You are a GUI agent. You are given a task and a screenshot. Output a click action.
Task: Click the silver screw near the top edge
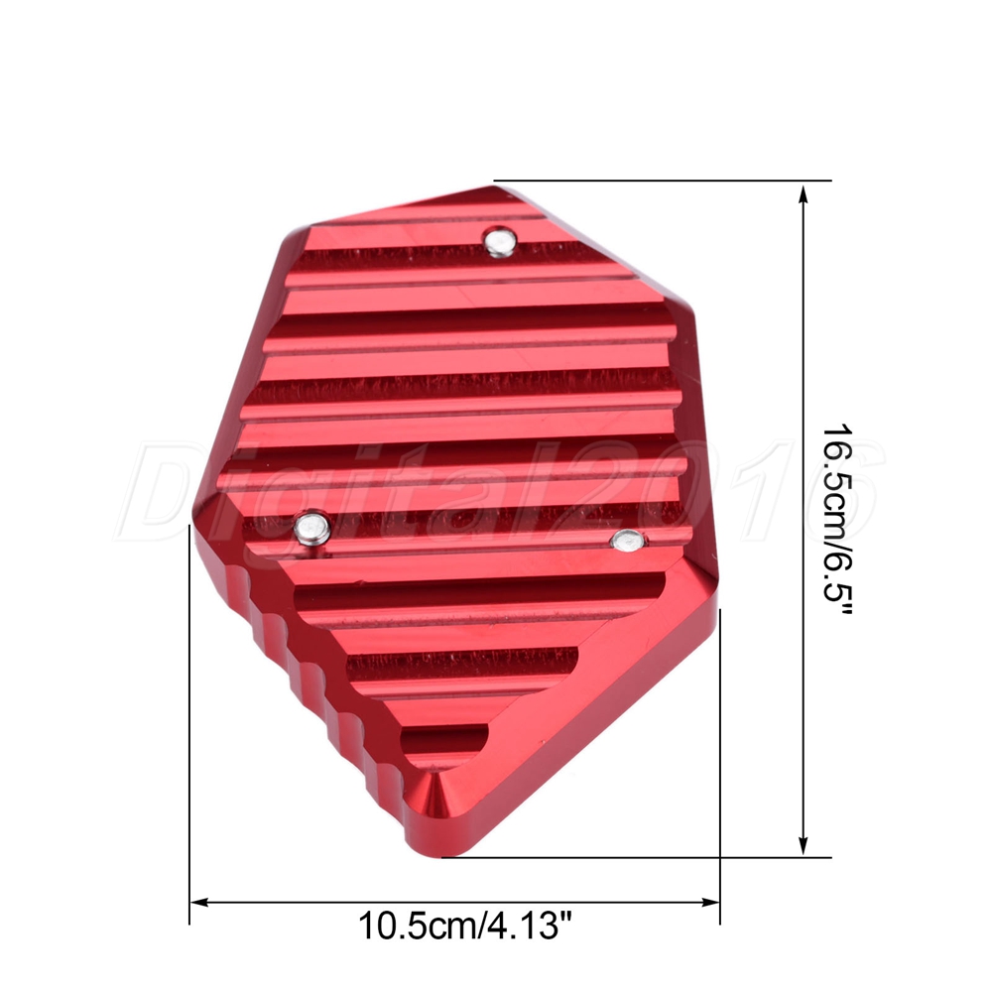(500, 242)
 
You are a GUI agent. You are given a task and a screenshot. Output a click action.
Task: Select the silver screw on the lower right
(628, 541)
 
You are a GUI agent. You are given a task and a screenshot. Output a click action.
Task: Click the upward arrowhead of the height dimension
(804, 193)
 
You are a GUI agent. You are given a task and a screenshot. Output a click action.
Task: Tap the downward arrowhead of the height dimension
(804, 845)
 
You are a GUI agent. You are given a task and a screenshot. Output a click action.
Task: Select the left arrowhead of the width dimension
(200, 902)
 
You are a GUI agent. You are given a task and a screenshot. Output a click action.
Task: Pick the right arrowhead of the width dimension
(710, 902)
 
